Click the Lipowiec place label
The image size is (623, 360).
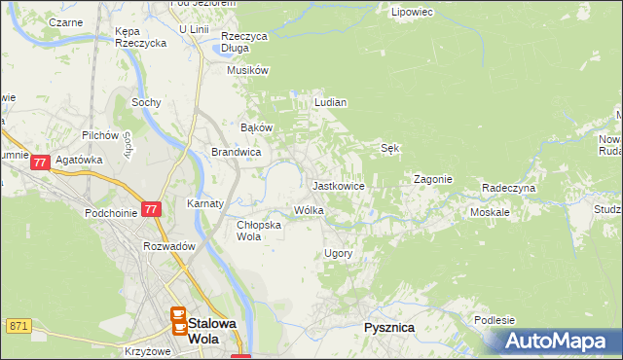tap(411, 13)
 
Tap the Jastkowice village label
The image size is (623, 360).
tap(338, 185)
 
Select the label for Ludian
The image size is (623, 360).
tap(331, 102)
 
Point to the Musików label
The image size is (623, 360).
tap(247, 70)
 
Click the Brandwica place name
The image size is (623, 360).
tap(236, 153)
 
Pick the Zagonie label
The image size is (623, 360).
tap(433, 180)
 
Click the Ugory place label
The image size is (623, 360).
tap(338, 253)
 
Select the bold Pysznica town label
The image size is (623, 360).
tap(389, 328)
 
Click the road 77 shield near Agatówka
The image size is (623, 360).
tap(40, 164)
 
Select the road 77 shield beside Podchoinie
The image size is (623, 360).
tap(151, 209)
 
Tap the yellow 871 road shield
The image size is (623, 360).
tap(17, 325)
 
